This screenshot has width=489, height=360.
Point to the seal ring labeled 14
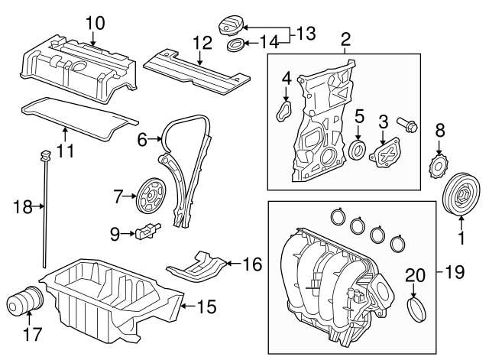click(238, 47)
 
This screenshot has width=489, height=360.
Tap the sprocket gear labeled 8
click(439, 164)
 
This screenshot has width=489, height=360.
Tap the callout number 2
click(345, 38)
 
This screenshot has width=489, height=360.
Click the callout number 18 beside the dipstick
click(24, 205)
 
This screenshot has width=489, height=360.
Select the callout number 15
click(207, 307)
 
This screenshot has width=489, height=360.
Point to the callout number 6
click(141, 140)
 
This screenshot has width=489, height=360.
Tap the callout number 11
click(66, 151)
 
